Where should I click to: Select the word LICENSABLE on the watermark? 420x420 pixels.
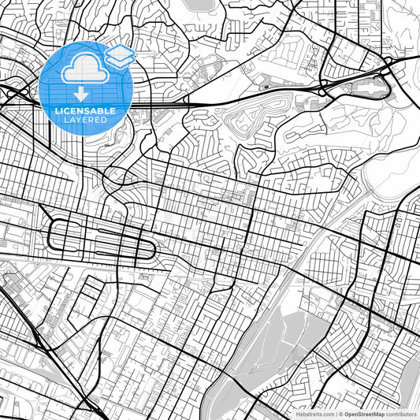click(85, 111)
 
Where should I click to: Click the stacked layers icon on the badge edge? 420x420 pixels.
click(119, 55)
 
